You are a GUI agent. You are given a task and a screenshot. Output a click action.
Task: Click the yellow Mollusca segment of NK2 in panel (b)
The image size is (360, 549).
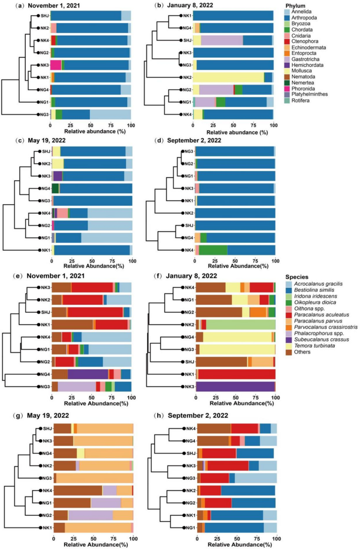(x=228, y=77)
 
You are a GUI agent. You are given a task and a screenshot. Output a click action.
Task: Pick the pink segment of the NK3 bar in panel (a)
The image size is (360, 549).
(x=56, y=65)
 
